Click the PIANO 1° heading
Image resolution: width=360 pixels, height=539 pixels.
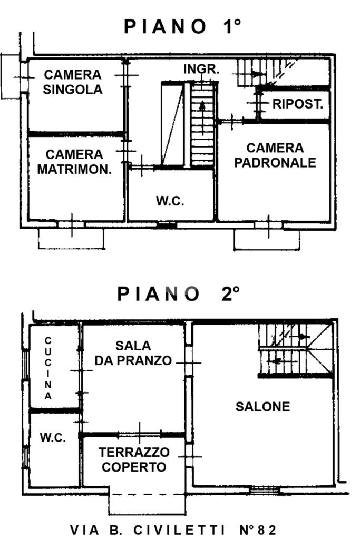(x=182, y=26)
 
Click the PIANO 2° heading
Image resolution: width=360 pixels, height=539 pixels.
(x=178, y=294)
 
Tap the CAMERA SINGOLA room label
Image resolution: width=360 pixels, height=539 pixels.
(x=73, y=82)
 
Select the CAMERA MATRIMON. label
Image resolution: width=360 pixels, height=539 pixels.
(x=74, y=162)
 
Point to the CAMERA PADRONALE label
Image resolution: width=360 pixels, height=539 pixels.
(x=275, y=155)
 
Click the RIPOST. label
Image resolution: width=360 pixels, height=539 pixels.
(x=298, y=104)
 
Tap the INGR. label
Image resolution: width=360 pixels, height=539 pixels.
(x=201, y=69)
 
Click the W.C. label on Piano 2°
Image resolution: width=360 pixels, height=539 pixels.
(x=53, y=438)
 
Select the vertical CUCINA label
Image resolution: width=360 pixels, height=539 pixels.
(x=48, y=368)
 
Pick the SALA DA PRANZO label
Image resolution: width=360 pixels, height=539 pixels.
(x=133, y=353)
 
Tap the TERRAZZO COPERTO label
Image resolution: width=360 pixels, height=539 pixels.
(x=134, y=459)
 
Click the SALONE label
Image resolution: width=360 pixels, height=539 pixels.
(x=262, y=407)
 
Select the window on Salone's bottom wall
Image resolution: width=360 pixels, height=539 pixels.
(x=264, y=490)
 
